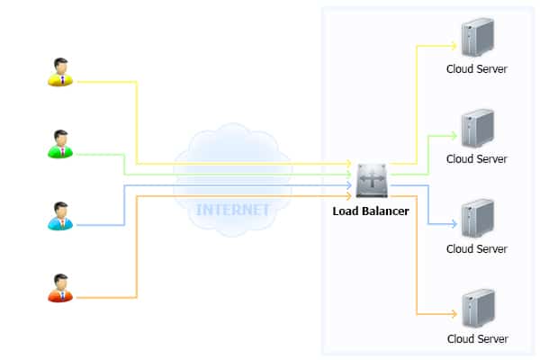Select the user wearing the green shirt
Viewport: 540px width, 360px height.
tap(60, 144)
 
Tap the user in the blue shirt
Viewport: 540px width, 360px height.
tap(60, 216)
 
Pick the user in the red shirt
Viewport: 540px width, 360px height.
tap(60, 288)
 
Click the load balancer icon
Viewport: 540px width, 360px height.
tap(372, 180)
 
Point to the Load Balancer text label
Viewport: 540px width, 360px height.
tap(376, 212)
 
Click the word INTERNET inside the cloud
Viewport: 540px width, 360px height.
tap(232, 210)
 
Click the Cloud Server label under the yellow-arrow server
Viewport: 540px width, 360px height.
tap(477, 69)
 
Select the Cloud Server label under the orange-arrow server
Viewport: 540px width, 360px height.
tap(477, 339)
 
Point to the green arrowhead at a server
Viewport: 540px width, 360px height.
tap(453, 135)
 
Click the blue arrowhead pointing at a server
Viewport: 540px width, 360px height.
tap(453, 225)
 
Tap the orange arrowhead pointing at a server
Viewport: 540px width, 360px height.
tap(453, 315)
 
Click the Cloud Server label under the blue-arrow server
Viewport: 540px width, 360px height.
tap(477, 249)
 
